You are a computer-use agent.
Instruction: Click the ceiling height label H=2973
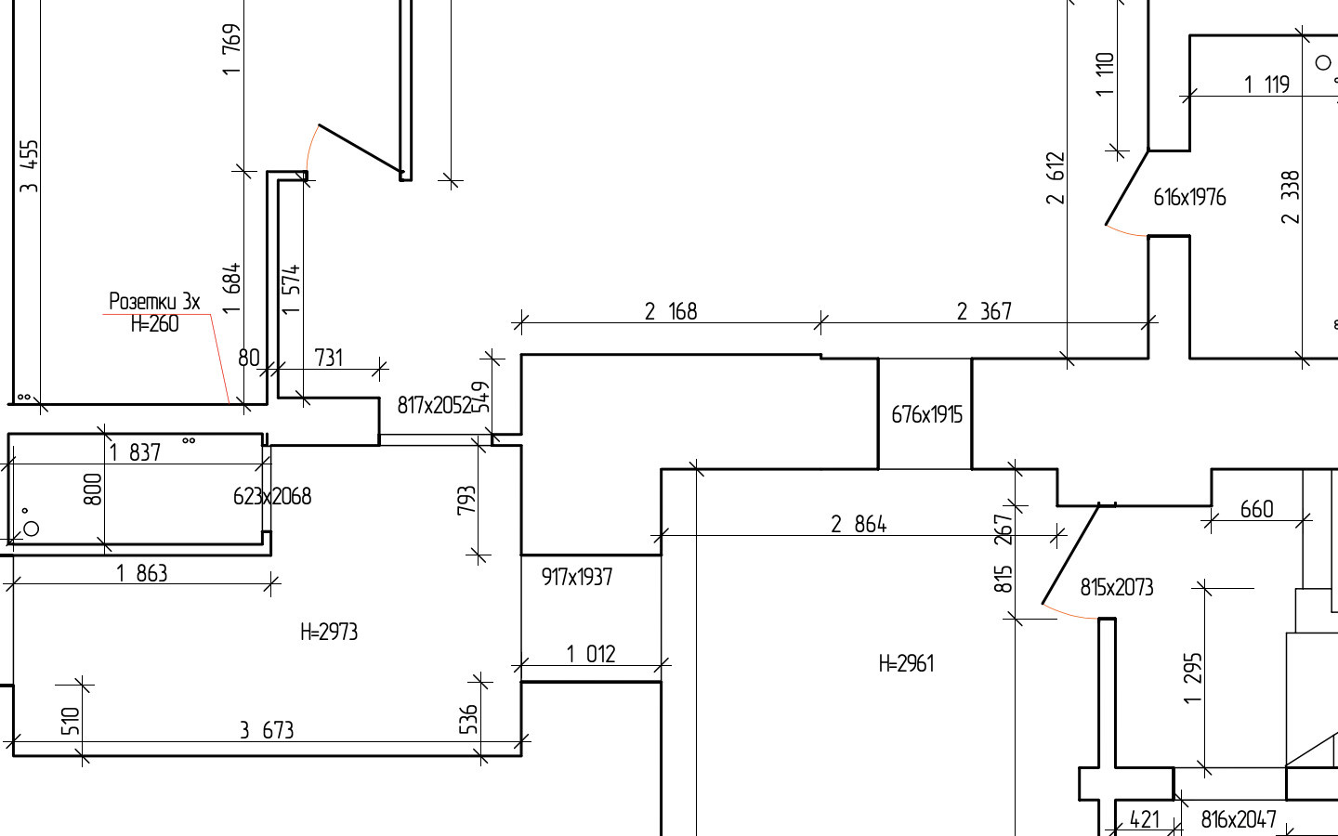329,632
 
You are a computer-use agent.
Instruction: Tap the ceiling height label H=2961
906,663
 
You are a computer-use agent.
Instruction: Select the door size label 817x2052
435,405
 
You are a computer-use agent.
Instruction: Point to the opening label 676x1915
926,414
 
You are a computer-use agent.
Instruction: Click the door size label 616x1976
1189,197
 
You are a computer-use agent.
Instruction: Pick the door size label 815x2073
1117,588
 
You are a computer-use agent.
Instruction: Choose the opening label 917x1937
576,577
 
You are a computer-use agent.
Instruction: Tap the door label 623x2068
271,496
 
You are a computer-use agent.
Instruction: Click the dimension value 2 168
671,311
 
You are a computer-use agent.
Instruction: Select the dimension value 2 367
984,311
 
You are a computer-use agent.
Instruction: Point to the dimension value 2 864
859,524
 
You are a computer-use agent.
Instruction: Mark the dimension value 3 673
267,730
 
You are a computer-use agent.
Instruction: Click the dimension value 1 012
591,655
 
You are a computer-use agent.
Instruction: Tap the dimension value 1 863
142,573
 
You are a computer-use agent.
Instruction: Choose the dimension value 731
329,359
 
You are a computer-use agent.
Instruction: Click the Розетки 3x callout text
154,301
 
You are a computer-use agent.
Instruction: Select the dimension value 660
1257,509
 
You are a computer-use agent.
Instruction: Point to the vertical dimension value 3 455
30,166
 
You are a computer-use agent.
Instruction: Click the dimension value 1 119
1267,85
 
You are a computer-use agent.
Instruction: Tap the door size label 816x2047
1239,819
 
